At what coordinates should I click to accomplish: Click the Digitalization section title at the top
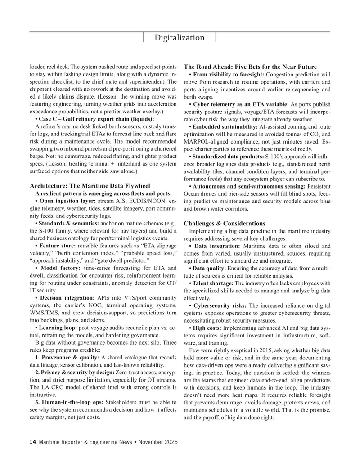[180, 38]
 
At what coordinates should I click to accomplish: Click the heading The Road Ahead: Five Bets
[250, 67]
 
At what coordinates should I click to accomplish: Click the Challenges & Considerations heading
[225, 223]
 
